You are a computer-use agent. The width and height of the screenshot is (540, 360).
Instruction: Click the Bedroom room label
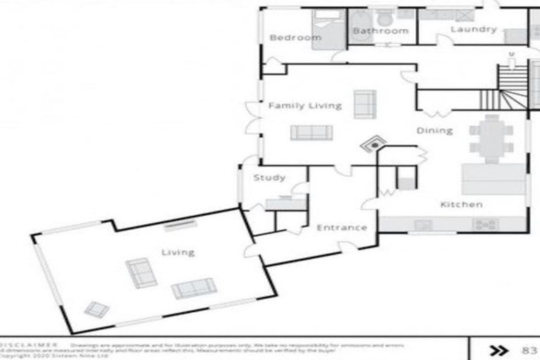295,37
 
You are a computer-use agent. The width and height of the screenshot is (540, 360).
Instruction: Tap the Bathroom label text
380,31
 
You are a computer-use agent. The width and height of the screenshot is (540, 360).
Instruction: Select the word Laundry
473,30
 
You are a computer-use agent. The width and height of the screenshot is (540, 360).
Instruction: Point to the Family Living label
304,105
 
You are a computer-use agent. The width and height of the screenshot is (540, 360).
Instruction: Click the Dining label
434,130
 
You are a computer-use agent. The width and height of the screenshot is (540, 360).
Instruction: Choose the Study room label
269,178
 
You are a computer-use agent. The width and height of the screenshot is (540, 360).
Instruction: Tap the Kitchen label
461,205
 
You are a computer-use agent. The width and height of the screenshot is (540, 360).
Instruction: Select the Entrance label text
342,228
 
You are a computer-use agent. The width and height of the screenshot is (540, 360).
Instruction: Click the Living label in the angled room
178,252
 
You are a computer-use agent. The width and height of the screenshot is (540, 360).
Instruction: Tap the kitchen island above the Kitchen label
493,179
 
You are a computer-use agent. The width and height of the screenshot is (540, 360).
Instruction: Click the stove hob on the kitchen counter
485,225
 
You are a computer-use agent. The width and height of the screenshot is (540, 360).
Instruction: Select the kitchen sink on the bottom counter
423,225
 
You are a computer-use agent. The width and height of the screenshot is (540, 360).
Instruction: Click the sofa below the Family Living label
311,132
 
